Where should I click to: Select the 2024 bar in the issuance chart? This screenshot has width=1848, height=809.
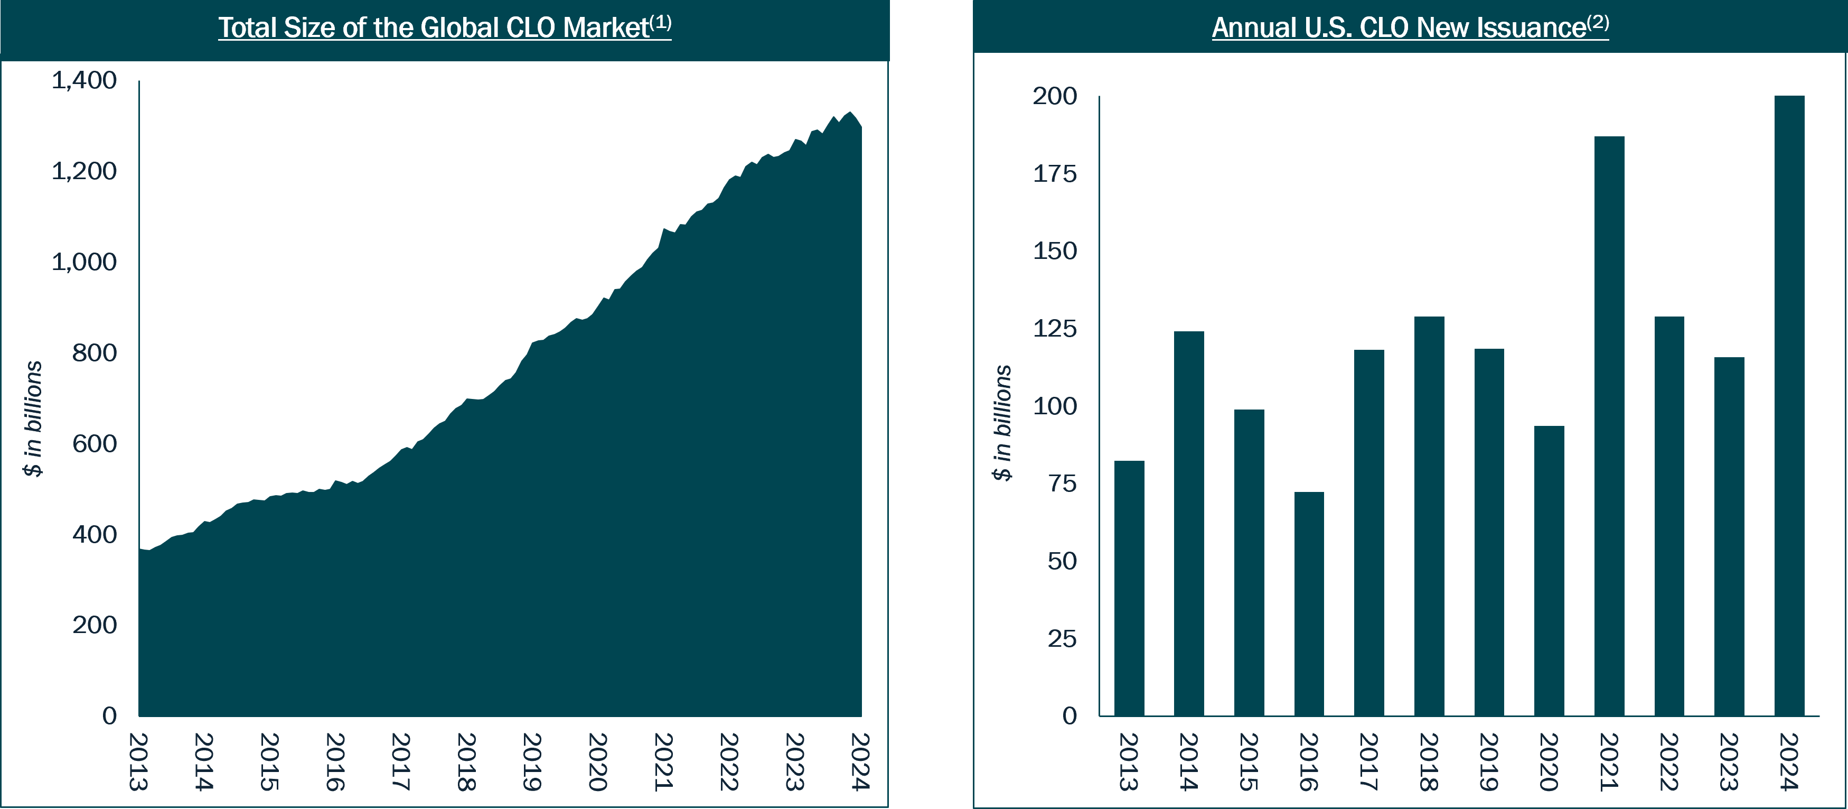point(1789,406)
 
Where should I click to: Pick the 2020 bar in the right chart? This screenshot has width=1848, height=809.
point(1549,571)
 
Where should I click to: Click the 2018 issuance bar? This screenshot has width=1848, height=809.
point(1429,516)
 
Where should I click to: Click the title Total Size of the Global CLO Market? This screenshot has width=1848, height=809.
point(433,27)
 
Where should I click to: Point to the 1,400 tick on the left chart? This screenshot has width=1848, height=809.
point(84,80)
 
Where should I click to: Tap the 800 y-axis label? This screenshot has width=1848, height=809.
point(94,352)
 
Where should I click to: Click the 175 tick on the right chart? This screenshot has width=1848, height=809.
point(1055,174)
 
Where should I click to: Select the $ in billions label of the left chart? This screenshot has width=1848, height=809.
point(32,419)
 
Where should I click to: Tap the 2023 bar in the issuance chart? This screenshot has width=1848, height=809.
point(1729,536)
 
